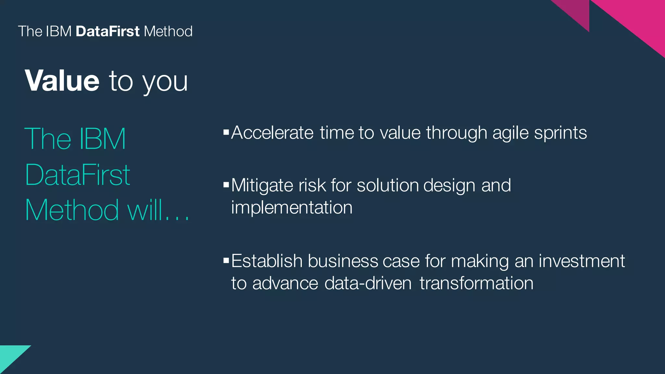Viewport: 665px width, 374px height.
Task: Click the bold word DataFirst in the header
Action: click(107, 31)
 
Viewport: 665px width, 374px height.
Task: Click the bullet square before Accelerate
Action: click(226, 132)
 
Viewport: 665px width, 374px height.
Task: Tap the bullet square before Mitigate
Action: click(226, 185)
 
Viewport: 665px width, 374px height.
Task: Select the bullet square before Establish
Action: click(226, 260)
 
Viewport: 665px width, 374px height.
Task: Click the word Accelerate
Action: click(272, 133)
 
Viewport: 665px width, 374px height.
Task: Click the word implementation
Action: click(292, 208)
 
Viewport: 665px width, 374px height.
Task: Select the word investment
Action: click(582, 261)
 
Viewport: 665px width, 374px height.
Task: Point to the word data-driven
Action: click(368, 283)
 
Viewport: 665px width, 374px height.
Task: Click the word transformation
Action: click(476, 283)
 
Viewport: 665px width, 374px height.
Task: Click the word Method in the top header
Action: click(168, 31)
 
